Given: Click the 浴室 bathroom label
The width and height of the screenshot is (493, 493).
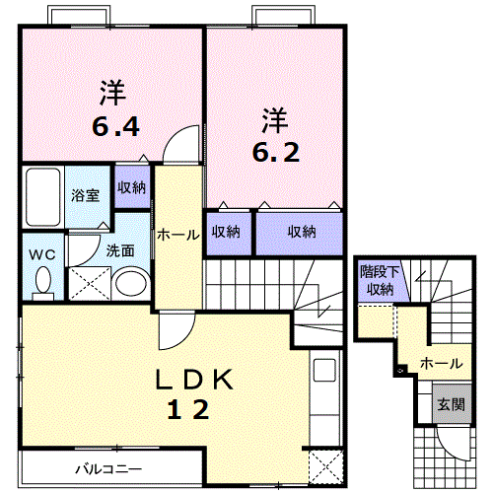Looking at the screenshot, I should [x=85, y=195].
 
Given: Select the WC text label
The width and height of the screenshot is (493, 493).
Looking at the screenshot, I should [x=41, y=253].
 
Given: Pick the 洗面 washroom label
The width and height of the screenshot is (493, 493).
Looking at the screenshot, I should [x=120, y=250].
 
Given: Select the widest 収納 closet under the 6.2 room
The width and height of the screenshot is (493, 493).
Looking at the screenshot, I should [x=302, y=233].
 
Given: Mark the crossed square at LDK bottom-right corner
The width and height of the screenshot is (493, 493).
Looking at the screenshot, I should [x=326, y=461].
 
